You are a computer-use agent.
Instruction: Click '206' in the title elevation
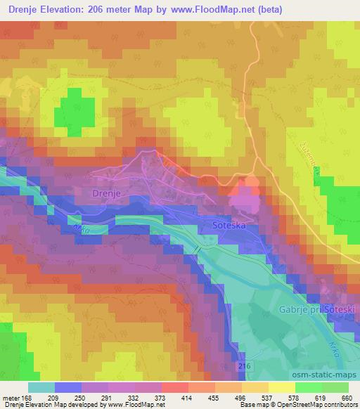[114, 9]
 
